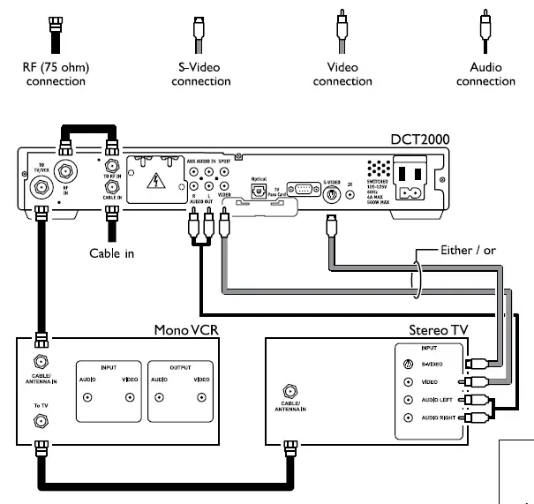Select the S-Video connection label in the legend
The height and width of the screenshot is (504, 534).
coord(200,74)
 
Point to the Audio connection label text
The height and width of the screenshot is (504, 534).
coord(485,74)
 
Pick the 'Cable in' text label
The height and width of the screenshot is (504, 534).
coord(112,253)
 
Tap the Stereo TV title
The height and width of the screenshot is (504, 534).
coord(439,331)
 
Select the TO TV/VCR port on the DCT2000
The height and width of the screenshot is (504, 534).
coord(41,188)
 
